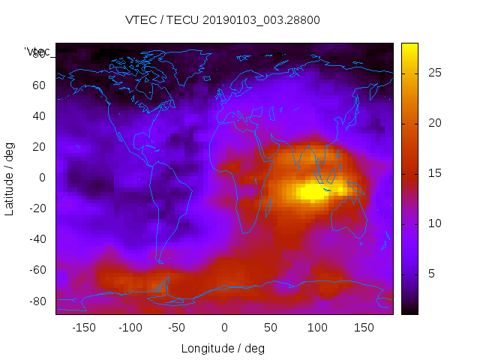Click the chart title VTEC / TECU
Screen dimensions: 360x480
(x=223, y=20)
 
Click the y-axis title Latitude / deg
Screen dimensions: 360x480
(x=10, y=178)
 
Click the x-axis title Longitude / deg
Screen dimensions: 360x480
(x=223, y=348)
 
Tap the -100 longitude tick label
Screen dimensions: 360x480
(x=130, y=327)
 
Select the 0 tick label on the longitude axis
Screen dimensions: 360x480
(x=224, y=327)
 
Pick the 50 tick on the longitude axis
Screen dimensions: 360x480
(x=271, y=327)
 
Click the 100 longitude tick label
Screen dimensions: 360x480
(x=317, y=327)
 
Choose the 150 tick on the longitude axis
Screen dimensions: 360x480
(x=364, y=327)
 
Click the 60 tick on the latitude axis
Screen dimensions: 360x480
(x=39, y=85)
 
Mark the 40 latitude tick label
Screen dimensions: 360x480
(x=39, y=115)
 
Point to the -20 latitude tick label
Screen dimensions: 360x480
(x=37, y=208)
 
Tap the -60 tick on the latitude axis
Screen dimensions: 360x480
(x=37, y=270)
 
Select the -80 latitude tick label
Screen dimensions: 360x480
(x=37, y=301)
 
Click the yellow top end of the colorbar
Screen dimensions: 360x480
(x=409, y=47)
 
